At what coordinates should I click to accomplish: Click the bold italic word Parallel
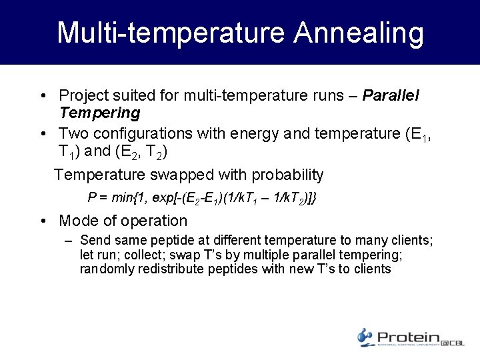click(391, 95)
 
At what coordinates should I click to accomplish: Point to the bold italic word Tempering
click(99, 113)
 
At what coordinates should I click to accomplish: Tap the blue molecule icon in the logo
click(365, 337)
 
